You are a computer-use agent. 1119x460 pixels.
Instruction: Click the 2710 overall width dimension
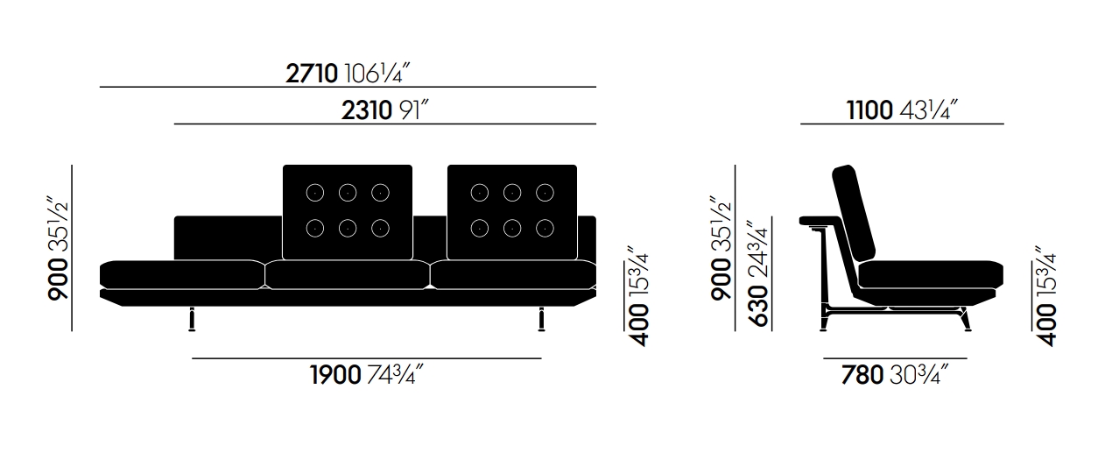pos(312,74)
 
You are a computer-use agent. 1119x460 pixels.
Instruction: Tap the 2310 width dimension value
pos(367,110)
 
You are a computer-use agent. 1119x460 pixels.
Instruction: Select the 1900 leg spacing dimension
pos(335,374)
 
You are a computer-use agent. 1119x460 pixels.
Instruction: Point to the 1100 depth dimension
pos(869,110)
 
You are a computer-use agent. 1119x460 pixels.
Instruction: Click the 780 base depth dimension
pos(862,374)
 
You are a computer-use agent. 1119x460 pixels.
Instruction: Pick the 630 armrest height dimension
pos(758,306)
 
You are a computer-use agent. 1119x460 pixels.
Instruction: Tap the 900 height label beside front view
pos(58,279)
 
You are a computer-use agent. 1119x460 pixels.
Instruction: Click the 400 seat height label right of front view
pos(638,324)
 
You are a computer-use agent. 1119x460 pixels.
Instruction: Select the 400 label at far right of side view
pos(1045,324)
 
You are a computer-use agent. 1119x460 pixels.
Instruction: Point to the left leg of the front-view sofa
pos(192,319)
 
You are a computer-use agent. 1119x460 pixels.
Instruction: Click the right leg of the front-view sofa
pos(541,319)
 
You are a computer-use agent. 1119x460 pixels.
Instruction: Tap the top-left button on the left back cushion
pos(314,193)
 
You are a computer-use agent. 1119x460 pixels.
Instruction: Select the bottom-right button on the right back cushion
pos(545,228)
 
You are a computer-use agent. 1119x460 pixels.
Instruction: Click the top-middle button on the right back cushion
pos(512,193)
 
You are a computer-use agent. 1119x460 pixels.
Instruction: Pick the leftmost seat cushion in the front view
pos(182,274)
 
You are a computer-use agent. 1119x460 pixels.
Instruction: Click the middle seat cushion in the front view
pos(348,274)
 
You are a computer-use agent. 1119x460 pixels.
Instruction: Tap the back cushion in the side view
pos(854,213)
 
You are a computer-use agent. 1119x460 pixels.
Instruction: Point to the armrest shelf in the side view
pos(819,221)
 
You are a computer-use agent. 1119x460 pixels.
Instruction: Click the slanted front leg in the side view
pos(966,319)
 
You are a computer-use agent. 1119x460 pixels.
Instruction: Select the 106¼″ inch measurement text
pos(377,74)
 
